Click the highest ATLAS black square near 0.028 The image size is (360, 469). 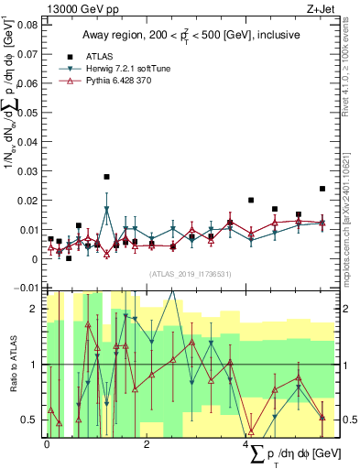(107, 177)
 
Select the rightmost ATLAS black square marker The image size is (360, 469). (322, 189)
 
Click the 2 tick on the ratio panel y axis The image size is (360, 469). (38, 309)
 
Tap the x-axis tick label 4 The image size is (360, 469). (246, 443)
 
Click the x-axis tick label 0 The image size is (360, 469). (47, 443)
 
